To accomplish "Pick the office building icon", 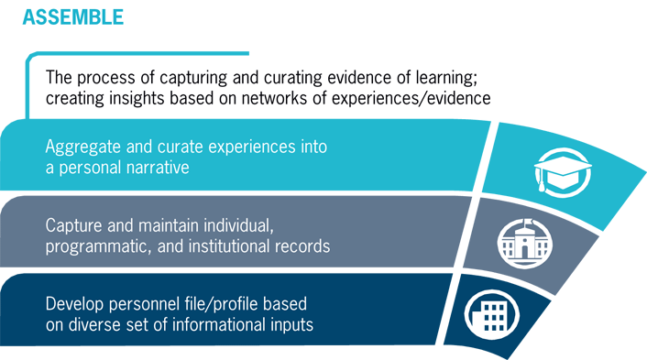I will [486, 311].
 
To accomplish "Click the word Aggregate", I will [82, 147].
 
